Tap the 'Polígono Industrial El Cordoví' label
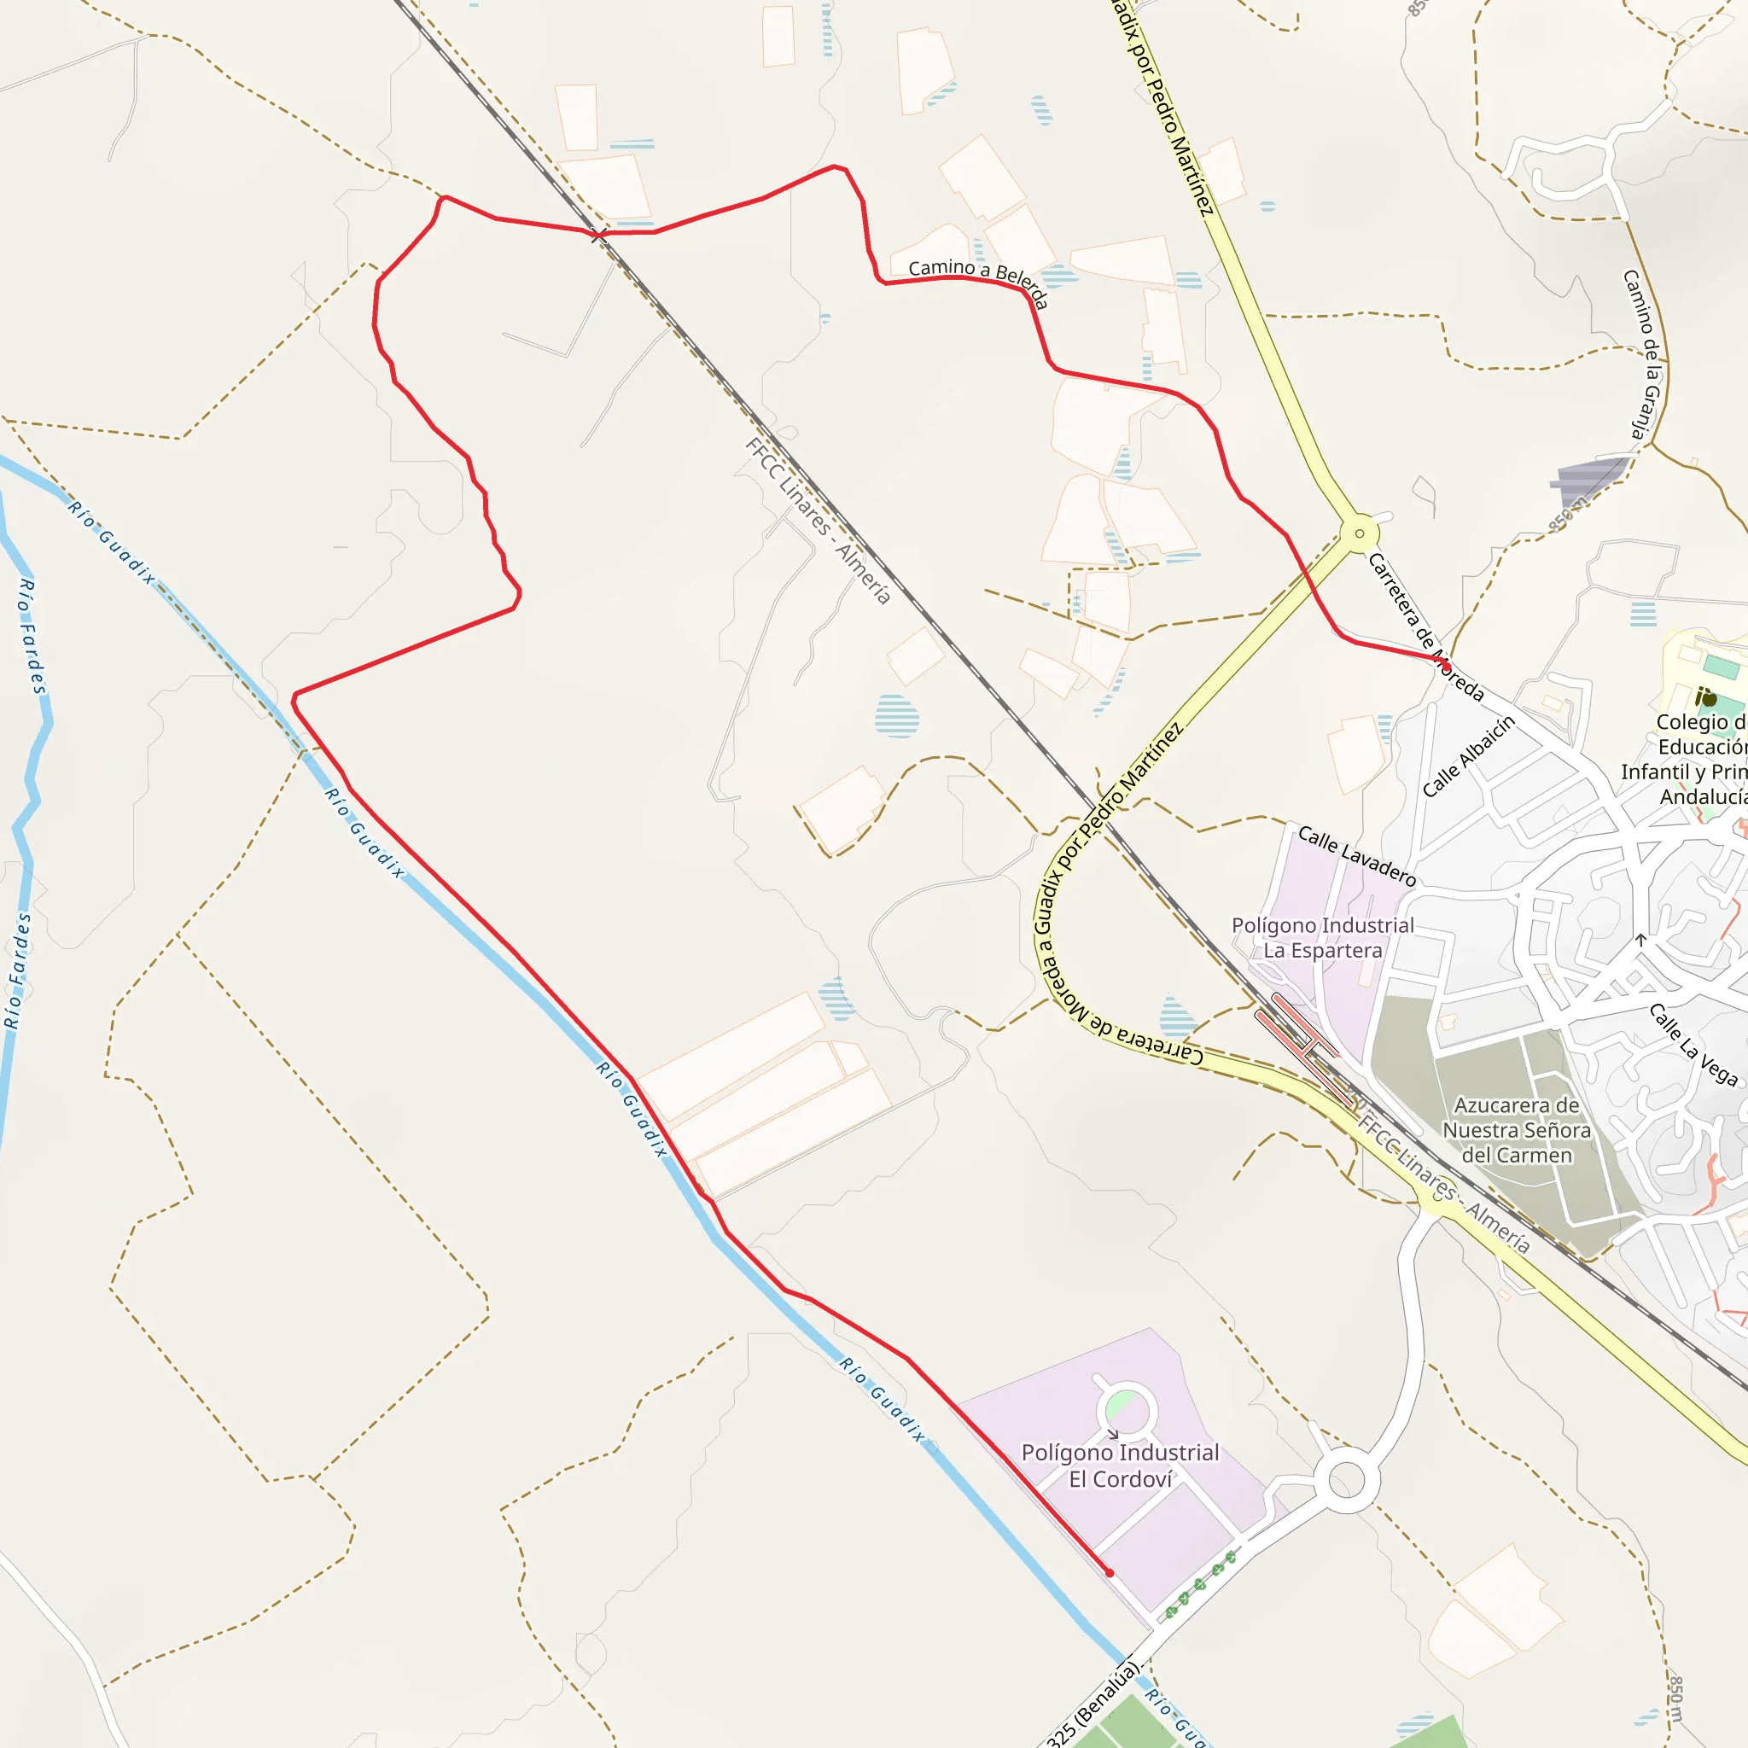click(1120, 1465)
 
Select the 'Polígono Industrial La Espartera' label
click(1322, 937)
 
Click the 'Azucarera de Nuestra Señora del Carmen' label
click(1517, 1130)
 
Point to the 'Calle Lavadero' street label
click(1356, 855)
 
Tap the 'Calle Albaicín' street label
click(1467, 756)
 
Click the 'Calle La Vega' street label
click(1693, 1044)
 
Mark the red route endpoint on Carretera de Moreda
click(1446, 667)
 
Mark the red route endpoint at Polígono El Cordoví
click(1110, 1573)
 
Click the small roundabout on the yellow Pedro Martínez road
click(1359, 533)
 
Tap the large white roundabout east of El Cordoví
click(1346, 1480)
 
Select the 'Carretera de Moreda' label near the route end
click(1425, 628)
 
